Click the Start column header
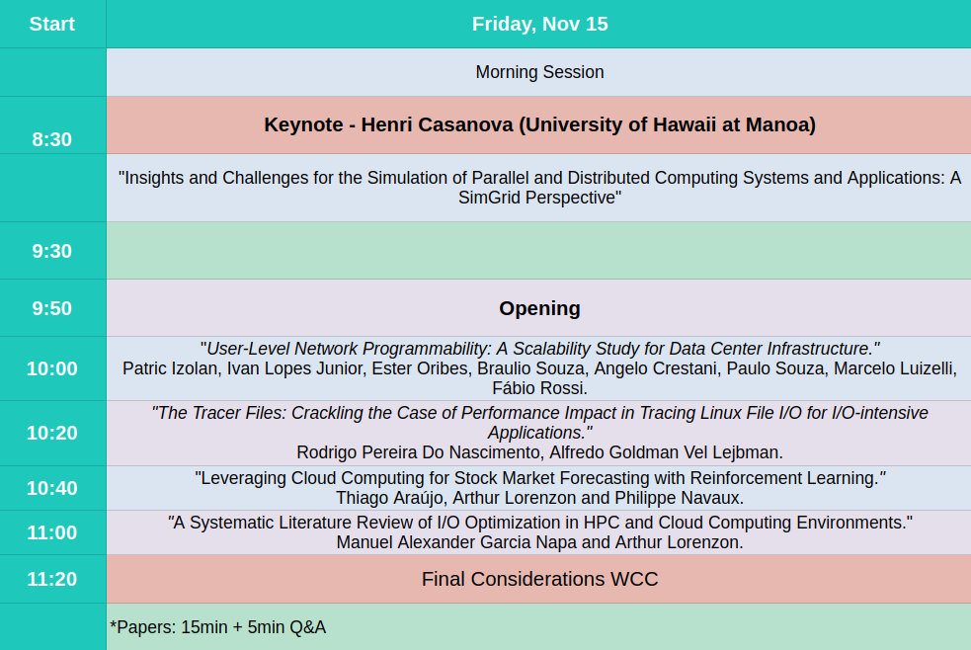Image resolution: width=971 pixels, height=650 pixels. coord(52,24)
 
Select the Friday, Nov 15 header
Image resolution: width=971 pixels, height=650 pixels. coord(539,24)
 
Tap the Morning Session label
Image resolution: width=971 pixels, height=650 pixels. coord(539,72)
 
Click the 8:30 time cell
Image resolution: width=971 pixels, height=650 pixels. coord(52,139)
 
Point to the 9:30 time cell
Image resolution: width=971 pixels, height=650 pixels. coord(52,251)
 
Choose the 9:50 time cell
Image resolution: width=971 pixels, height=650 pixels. coord(52,308)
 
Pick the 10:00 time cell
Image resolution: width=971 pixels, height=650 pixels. coord(52,368)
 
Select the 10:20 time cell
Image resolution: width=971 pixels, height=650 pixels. coord(52,433)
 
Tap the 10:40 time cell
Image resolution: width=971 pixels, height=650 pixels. coord(52,488)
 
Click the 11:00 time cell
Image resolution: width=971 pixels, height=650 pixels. coord(52,532)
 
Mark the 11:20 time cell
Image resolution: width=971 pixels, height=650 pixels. coord(52,579)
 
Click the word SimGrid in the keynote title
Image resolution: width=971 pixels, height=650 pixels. coord(491,199)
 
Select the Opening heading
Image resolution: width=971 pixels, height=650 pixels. coord(539,308)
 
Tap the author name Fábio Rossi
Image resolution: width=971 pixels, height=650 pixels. coord(539,388)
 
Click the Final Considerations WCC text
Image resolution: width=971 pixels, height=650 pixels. coord(539,579)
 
